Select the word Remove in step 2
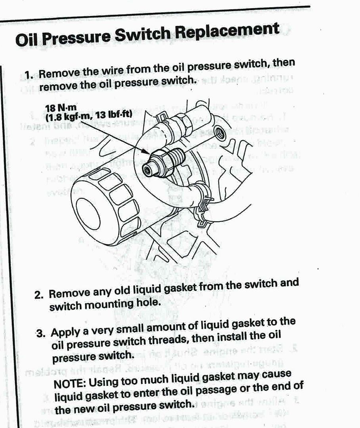tap(68, 294)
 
